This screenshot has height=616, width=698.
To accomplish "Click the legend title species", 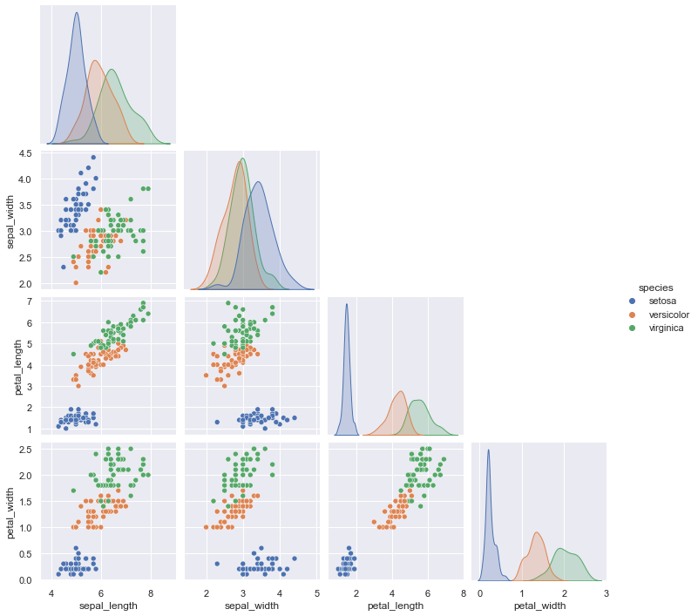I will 654,287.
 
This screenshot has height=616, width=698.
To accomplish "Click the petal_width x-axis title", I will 539,605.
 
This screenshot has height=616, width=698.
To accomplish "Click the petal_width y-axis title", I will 12,514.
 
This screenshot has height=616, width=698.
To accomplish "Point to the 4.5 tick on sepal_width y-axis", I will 24,153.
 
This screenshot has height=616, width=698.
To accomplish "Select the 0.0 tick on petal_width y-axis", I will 24,579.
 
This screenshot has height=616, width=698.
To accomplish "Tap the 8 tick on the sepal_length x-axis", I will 151,592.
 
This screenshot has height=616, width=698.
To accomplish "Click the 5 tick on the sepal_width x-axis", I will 315,592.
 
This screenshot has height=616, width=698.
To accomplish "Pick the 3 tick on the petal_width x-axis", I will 606,592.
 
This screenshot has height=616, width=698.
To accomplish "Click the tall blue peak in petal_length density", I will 347,304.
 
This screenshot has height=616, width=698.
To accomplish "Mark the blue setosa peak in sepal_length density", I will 77,14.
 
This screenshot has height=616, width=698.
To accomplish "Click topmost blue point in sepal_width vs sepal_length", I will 93,158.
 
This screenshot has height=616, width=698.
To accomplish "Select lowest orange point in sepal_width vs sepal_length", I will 76,282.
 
